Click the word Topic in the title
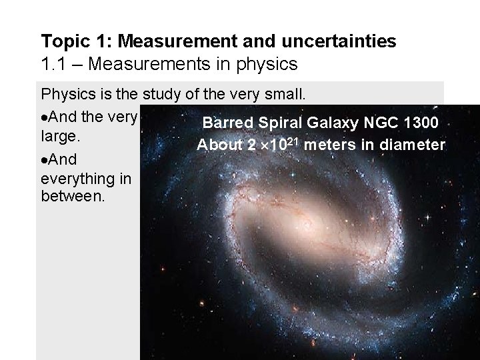point(63,42)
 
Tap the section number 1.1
point(53,65)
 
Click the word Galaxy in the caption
point(319,123)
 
